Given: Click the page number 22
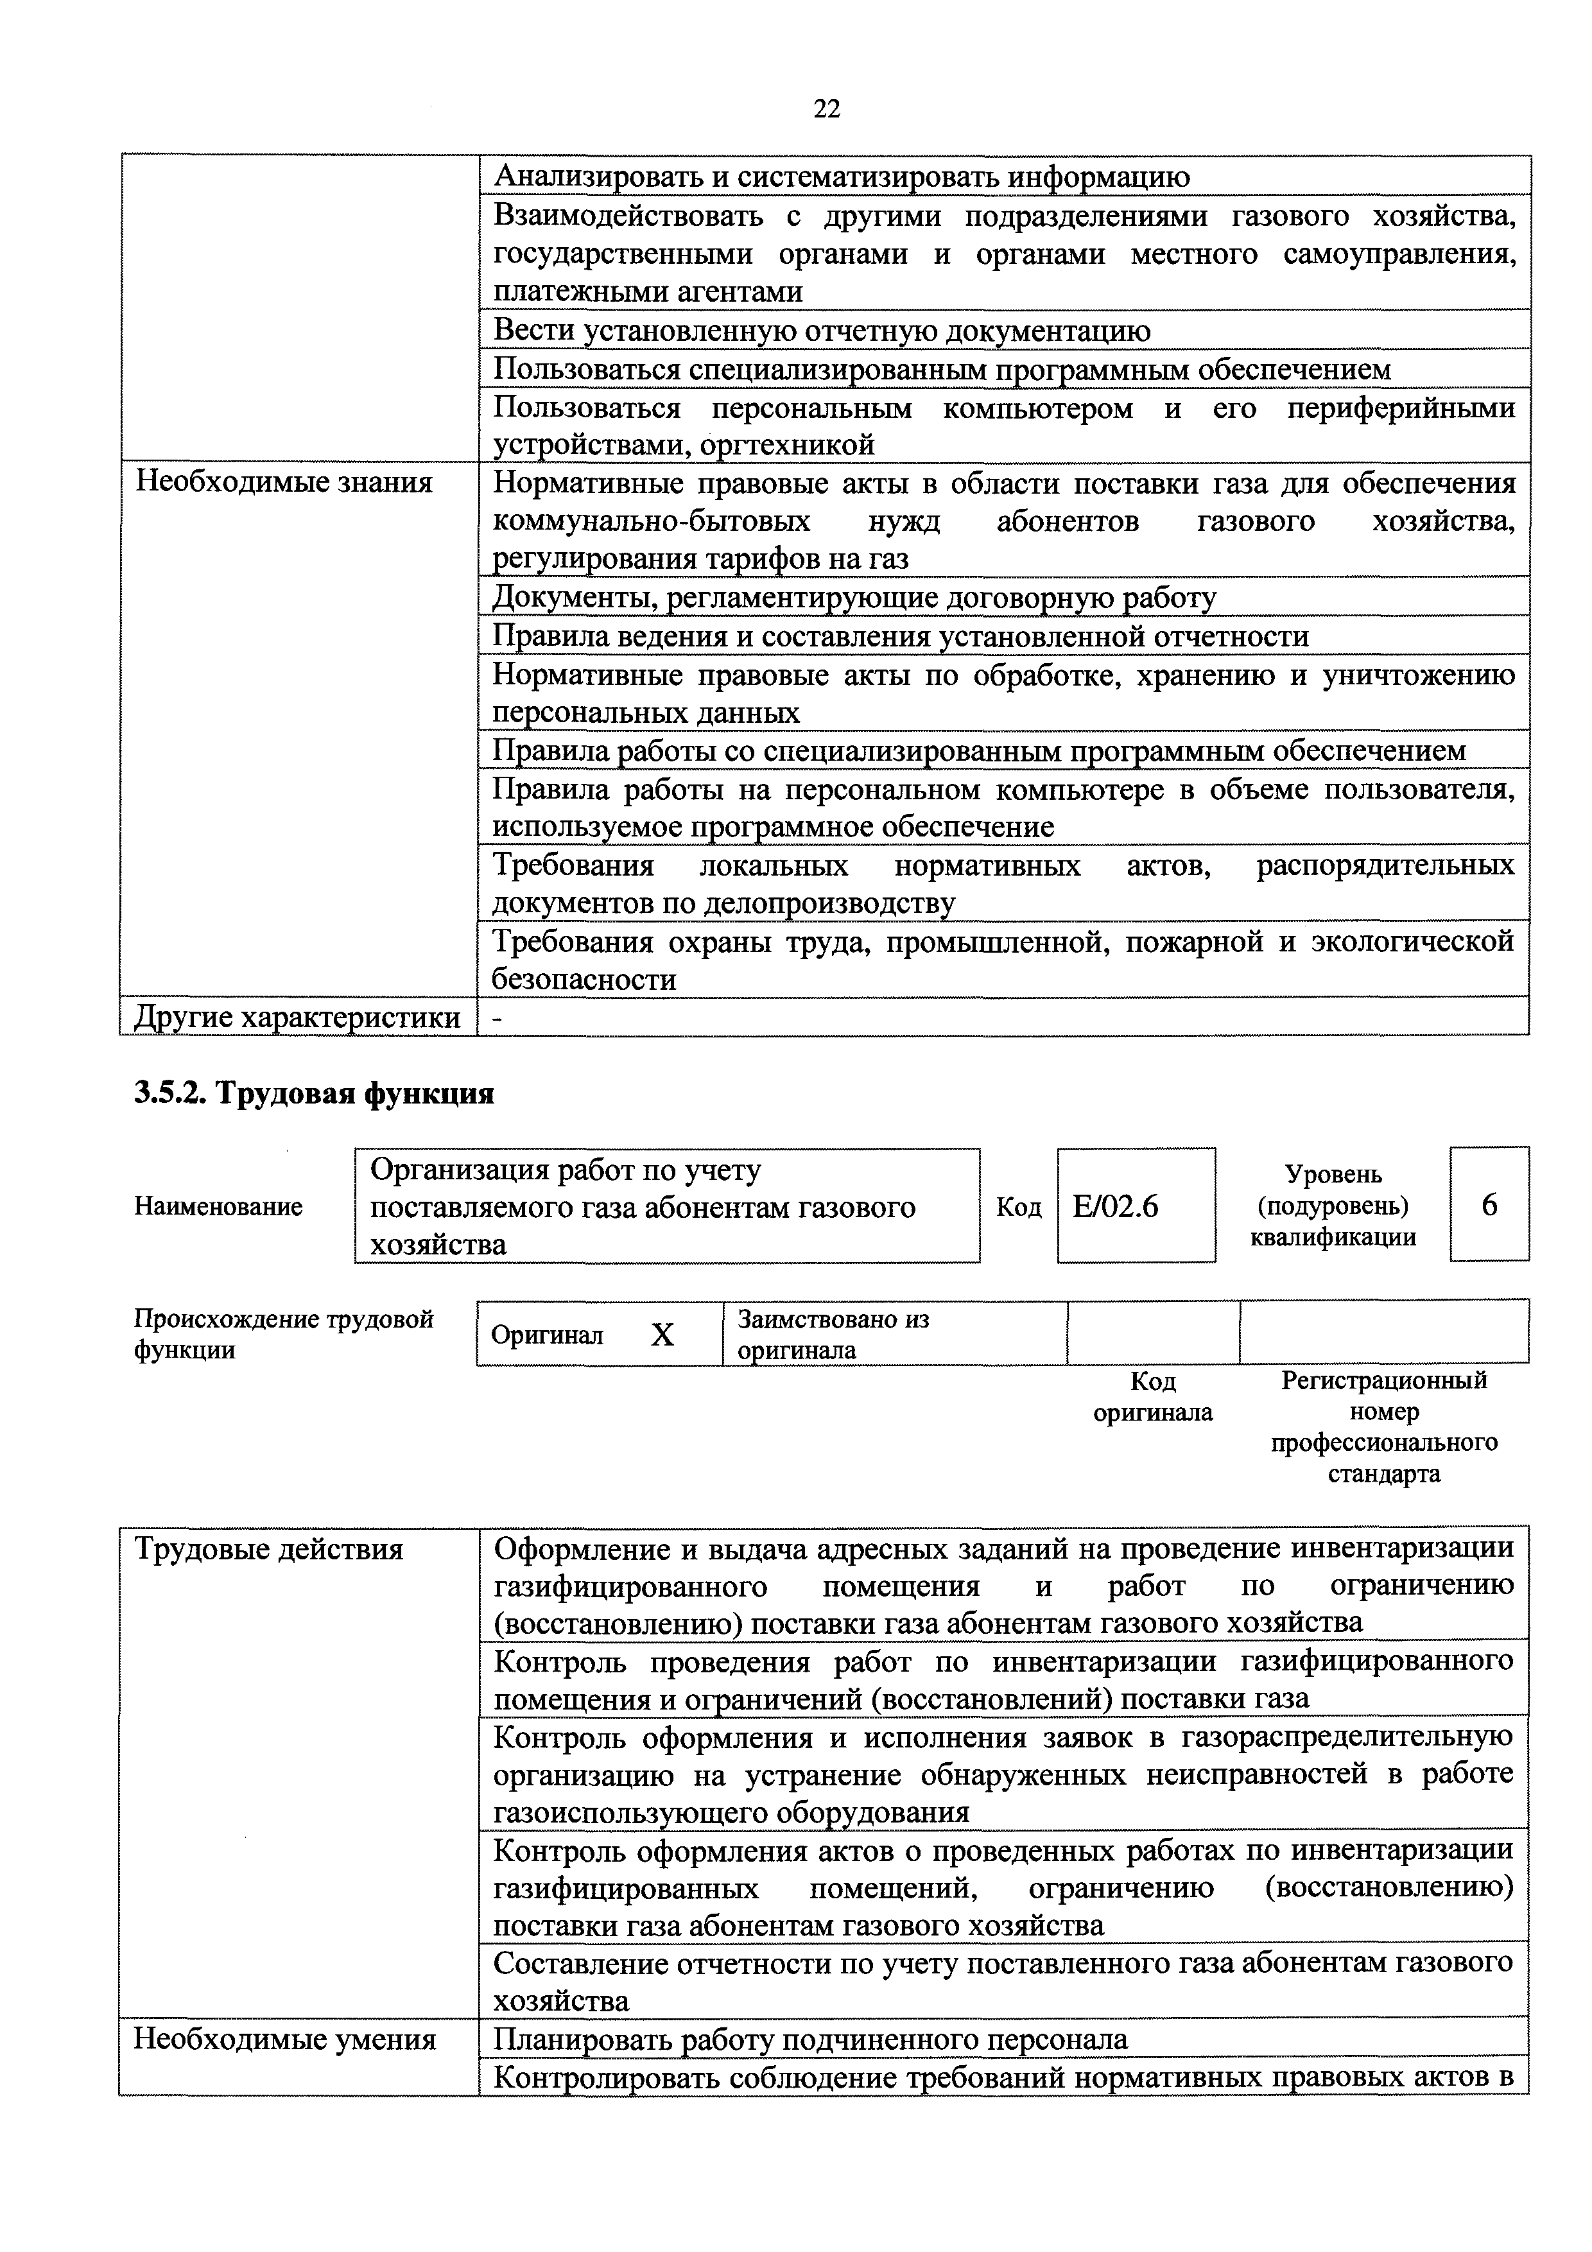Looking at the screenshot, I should point(827,109).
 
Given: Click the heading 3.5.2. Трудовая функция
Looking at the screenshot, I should point(314,1093).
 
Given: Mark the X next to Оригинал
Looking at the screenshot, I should point(663,1335).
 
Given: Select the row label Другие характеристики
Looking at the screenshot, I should point(296,1017).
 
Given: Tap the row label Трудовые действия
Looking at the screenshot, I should point(269,1549).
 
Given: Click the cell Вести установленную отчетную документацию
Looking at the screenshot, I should point(821,331).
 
